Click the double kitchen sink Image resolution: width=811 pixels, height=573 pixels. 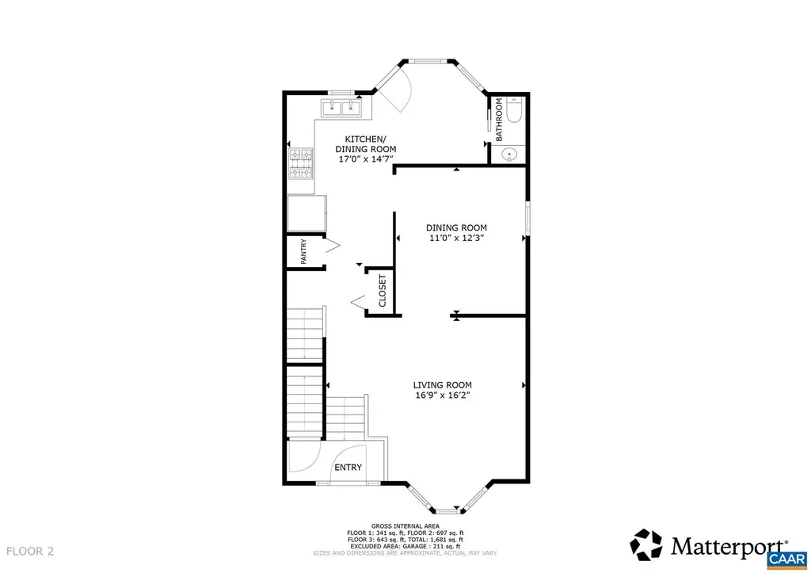(x=341, y=107)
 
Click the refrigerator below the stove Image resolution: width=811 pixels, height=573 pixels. (x=307, y=213)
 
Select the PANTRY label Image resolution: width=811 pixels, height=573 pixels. (x=303, y=253)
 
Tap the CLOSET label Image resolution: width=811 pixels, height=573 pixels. (x=382, y=291)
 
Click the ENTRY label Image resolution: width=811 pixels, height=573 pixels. (x=348, y=468)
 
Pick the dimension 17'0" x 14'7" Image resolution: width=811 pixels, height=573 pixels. (x=365, y=159)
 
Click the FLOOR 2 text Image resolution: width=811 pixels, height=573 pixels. (x=30, y=550)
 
